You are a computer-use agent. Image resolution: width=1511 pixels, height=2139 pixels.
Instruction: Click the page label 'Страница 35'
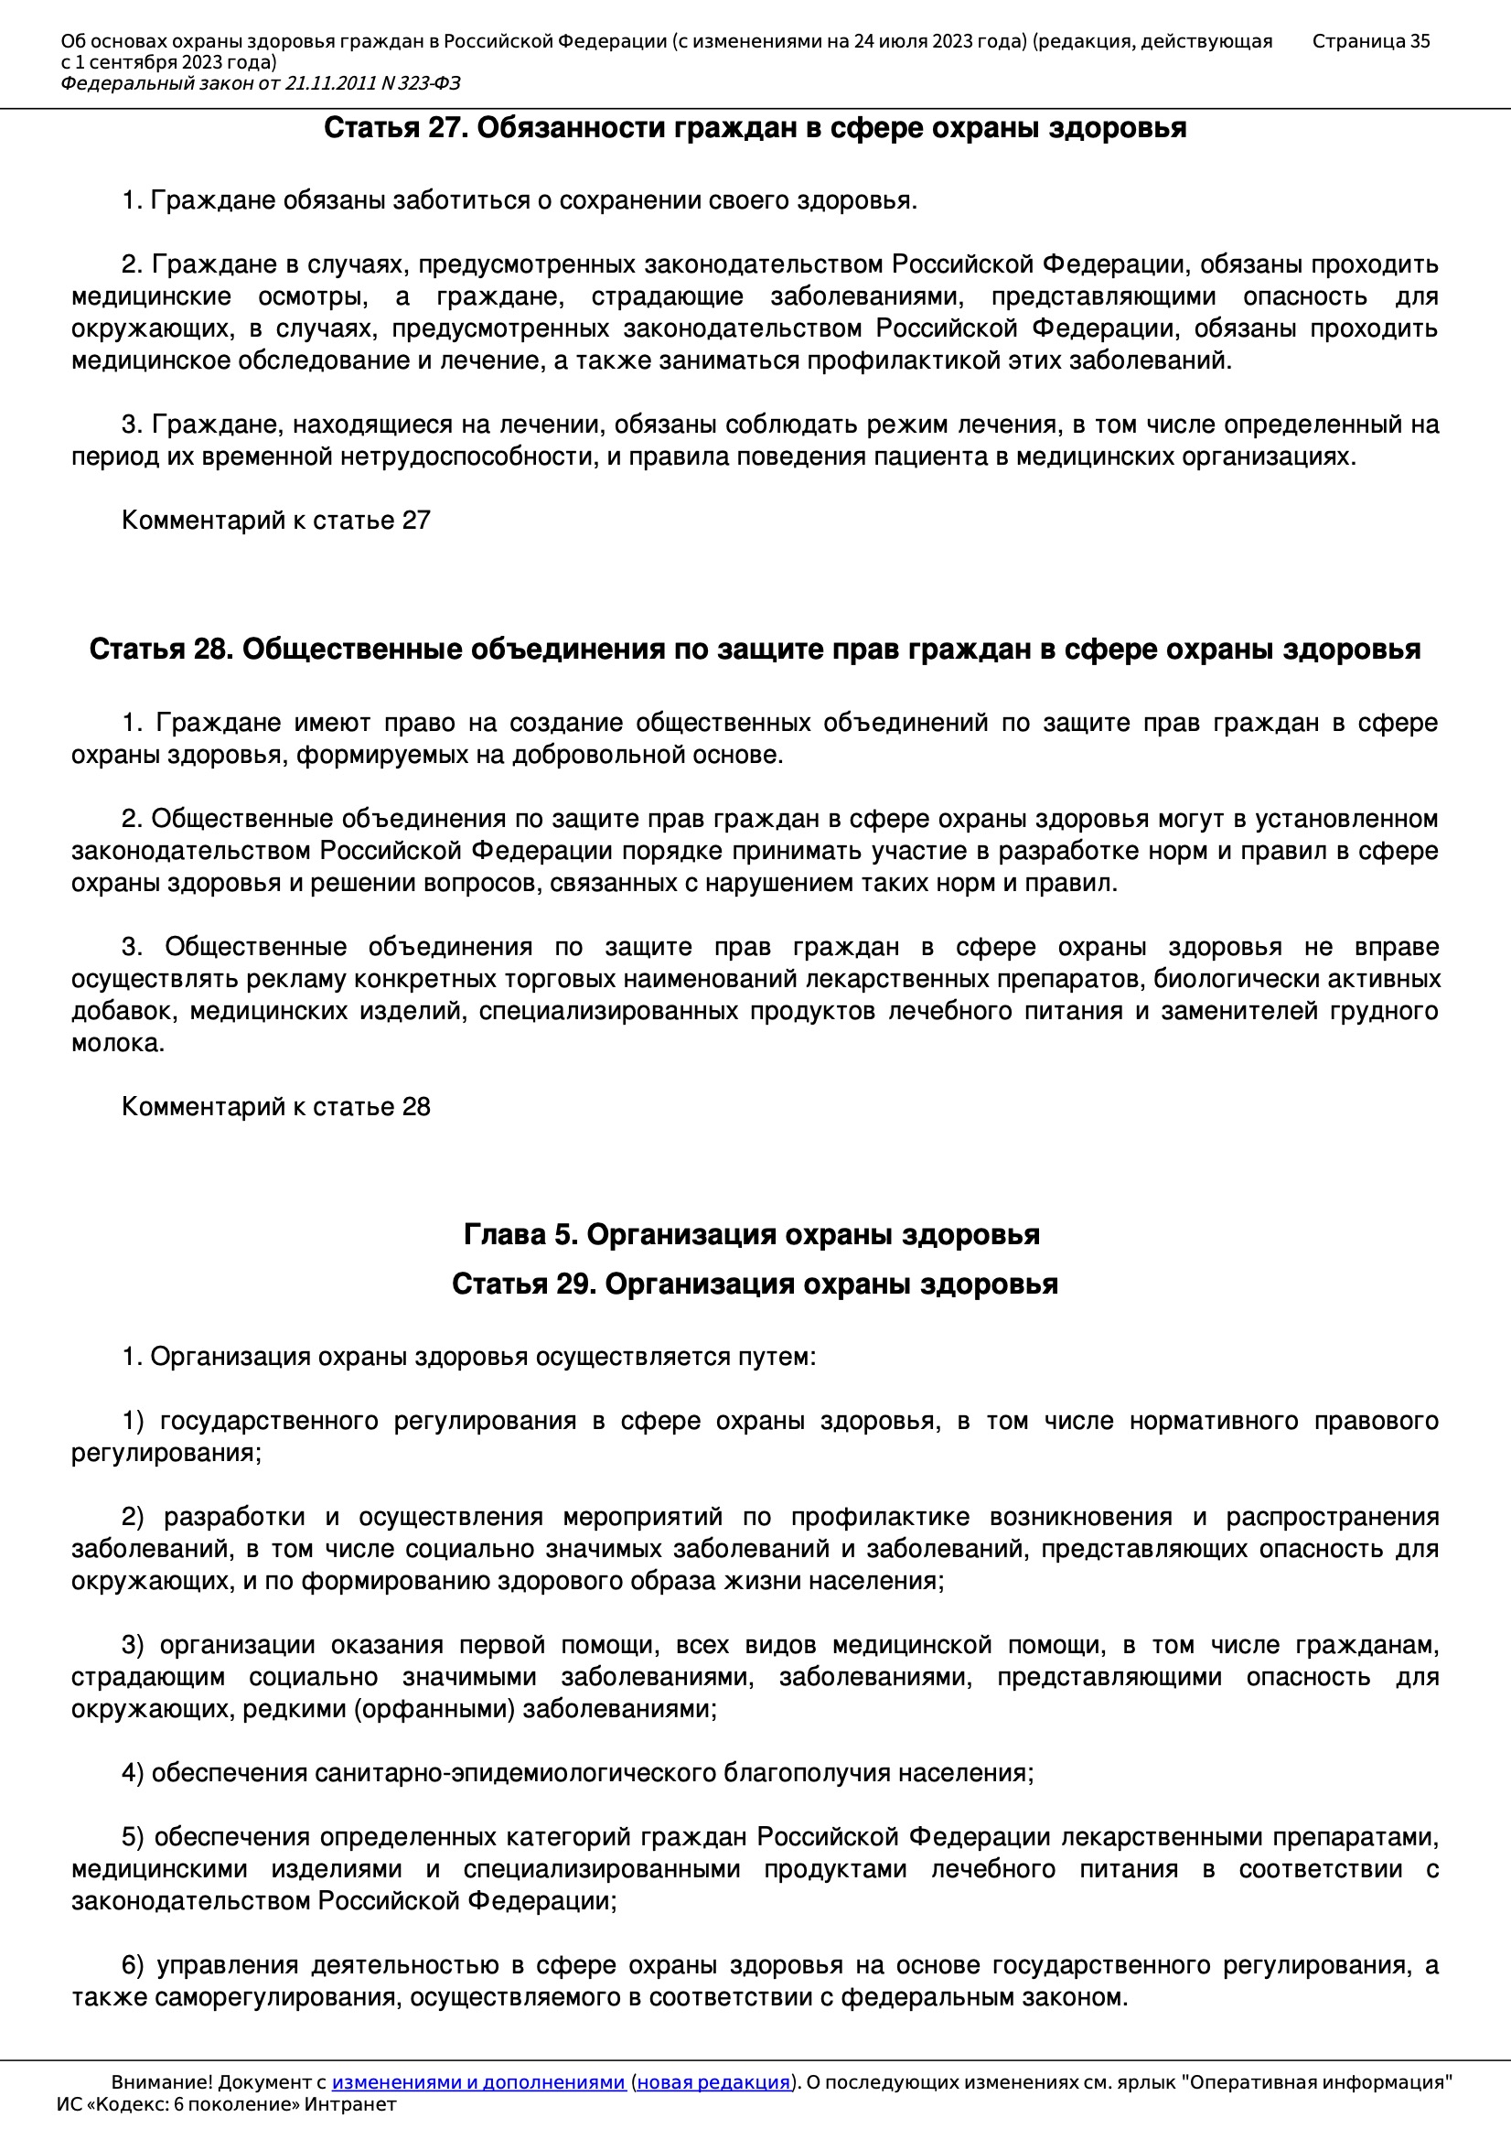1370,41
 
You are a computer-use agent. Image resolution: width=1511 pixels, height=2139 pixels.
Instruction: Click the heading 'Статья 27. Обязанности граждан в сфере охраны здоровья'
755,128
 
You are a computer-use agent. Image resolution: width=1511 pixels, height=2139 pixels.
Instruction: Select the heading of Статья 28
755,650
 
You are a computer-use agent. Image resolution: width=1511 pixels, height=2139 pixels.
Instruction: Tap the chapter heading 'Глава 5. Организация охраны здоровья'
752,1234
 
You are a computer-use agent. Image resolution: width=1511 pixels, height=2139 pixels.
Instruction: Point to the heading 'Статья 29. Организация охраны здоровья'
755,1284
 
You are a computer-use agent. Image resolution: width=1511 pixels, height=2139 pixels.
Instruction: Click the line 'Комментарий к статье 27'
275,520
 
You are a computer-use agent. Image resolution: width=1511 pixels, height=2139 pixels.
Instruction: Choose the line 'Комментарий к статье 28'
275,1106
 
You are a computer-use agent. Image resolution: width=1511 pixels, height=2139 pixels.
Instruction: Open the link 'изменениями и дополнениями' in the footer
477,2082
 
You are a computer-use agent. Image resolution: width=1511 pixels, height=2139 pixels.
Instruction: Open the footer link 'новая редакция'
713,2082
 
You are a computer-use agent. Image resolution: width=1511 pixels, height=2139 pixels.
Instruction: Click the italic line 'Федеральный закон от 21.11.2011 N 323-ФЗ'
261,84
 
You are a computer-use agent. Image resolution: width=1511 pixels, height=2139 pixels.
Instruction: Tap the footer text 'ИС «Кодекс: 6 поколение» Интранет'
226,2104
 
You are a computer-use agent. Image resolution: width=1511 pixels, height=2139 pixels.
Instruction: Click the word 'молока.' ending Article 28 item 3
118,1043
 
